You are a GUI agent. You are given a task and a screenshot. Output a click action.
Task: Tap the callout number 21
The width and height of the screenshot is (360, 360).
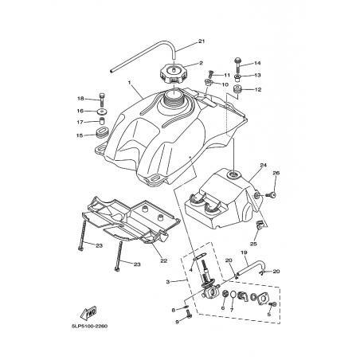(202, 41)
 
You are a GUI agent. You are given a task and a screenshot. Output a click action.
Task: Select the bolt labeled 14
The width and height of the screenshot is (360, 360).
(237, 65)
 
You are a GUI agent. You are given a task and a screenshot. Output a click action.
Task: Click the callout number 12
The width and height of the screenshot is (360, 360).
(258, 89)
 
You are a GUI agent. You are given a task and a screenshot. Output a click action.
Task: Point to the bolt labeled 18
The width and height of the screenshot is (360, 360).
(102, 100)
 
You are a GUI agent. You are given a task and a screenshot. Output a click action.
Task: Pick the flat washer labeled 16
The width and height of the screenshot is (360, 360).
(102, 112)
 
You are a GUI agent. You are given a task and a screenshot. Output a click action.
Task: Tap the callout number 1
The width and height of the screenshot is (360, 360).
(130, 83)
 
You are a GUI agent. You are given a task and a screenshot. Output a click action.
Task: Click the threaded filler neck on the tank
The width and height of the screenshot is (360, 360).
(174, 99)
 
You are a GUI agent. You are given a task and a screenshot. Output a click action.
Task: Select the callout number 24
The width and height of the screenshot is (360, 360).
(263, 165)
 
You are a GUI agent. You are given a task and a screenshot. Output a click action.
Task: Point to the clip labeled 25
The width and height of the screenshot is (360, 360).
(259, 225)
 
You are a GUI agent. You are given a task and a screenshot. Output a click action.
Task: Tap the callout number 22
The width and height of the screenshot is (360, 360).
(164, 260)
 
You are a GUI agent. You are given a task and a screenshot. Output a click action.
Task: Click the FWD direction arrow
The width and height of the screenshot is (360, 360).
(88, 312)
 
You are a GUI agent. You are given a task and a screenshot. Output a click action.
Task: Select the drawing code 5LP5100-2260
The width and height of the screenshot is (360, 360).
(89, 326)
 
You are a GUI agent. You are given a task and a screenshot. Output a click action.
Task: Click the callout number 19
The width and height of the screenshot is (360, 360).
(244, 252)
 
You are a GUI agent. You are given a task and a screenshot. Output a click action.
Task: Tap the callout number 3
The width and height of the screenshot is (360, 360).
(168, 282)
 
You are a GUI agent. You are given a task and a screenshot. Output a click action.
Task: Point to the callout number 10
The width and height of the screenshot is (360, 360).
(225, 84)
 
